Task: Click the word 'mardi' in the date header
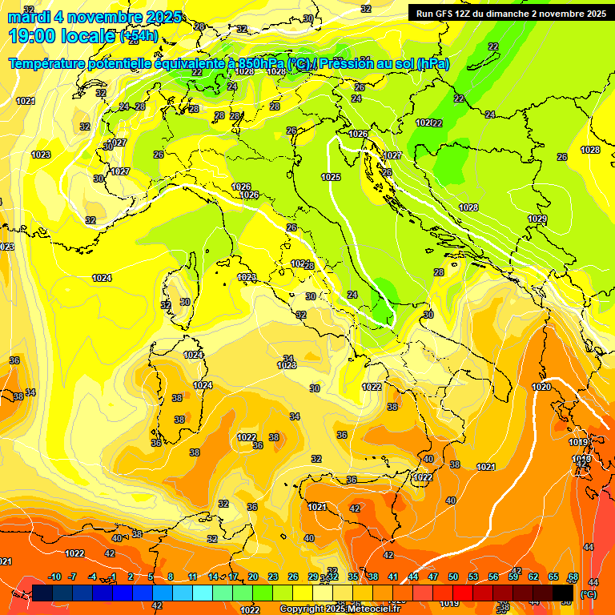coord(29,16)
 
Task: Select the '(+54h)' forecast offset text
coord(138,36)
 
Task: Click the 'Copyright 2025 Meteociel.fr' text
coord(340,609)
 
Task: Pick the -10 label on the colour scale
coord(54,577)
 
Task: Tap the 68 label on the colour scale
coord(573,577)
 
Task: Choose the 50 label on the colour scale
coord(453,577)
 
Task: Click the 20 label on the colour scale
coord(253,577)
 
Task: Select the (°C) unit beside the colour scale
coord(588,594)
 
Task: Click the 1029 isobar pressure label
coord(537,219)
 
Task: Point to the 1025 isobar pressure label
coord(331,177)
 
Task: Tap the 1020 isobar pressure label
coord(541,387)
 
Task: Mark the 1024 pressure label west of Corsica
coord(102,278)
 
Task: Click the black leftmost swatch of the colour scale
coord(42,593)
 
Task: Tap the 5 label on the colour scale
coord(151,577)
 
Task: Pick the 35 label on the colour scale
coord(353,577)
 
